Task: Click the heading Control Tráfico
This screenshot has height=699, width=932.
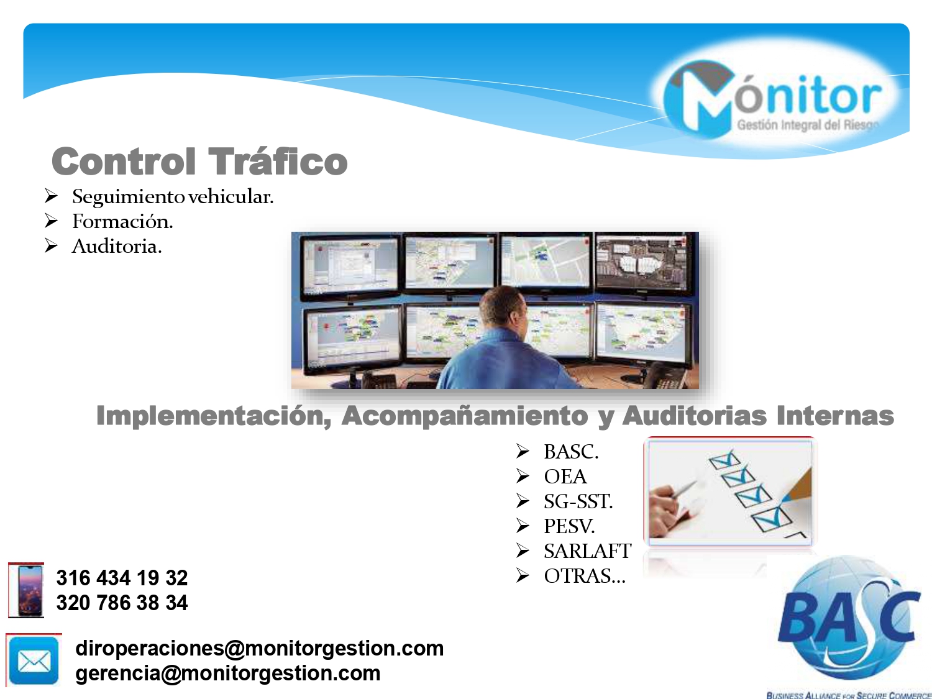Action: pos(199,162)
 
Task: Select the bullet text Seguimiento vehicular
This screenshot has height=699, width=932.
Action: pos(173,196)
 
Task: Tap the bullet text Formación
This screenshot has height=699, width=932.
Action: pos(122,221)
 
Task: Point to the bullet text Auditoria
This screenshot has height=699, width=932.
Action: pos(117,246)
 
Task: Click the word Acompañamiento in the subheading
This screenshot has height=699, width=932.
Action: pos(465,416)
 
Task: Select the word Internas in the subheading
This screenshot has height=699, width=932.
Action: pos(835,416)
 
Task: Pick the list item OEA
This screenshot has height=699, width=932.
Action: pos(565,477)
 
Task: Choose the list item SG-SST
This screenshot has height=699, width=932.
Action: pos(578,501)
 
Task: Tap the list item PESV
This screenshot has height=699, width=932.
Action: pos(569,526)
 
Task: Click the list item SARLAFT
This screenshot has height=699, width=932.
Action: pos(588,551)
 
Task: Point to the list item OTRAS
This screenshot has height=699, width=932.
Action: pos(585,576)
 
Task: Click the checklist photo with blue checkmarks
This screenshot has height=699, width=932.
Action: pos(730,491)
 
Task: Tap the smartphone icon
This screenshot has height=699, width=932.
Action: pos(26,590)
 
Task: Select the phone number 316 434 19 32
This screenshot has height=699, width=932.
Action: pos(122,578)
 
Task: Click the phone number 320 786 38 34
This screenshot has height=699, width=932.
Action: pos(122,603)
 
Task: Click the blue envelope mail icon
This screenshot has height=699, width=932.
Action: pos(34,660)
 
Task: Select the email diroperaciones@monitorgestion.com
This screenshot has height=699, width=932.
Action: pos(260,648)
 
